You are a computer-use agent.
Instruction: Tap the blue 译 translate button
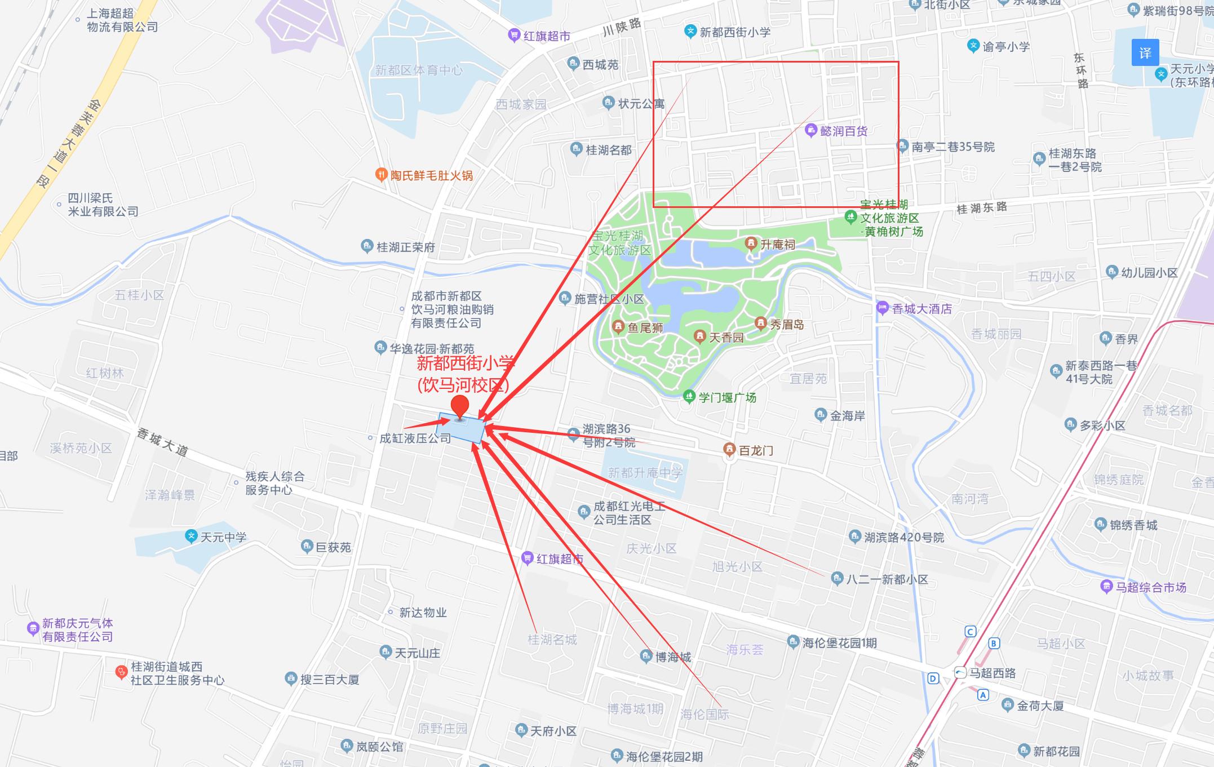click(x=1145, y=53)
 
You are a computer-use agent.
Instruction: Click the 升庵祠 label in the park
click(x=778, y=244)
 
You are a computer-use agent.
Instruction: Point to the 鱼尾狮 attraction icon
click(x=618, y=327)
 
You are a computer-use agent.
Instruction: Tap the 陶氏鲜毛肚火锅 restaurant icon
click(x=381, y=175)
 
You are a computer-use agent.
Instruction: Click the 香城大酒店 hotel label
click(x=921, y=309)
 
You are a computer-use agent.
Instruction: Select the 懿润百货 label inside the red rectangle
click(x=843, y=131)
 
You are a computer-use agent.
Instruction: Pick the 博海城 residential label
click(x=673, y=657)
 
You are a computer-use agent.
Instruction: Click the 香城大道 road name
click(x=163, y=442)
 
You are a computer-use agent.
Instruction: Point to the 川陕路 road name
click(x=622, y=26)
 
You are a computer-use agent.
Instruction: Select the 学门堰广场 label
click(x=727, y=397)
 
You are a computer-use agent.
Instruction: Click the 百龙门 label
click(x=756, y=450)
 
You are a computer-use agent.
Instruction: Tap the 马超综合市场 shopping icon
click(x=1106, y=587)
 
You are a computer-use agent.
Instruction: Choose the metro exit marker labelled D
click(x=933, y=679)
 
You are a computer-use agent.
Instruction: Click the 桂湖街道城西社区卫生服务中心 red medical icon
click(x=121, y=672)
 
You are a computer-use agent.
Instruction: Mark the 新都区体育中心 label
click(x=418, y=70)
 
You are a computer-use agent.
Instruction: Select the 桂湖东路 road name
click(x=982, y=208)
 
